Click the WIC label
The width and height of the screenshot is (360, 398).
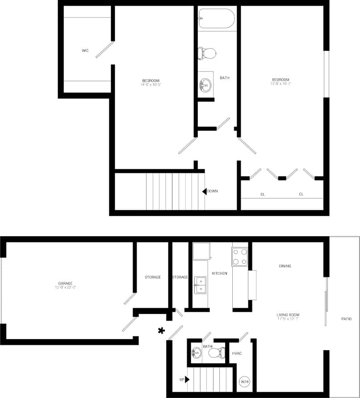(x=85, y=50)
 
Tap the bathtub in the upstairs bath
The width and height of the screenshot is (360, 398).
(x=216, y=18)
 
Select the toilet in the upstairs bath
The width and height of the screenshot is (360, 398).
(x=208, y=53)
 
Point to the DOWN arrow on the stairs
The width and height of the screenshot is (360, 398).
(x=205, y=191)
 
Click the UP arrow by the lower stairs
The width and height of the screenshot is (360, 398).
(x=187, y=379)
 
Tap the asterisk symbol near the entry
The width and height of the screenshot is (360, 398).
(x=161, y=331)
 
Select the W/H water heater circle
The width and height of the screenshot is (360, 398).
(x=245, y=382)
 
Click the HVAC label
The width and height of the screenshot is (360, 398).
(x=237, y=353)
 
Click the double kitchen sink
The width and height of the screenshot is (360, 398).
(x=201, y=285)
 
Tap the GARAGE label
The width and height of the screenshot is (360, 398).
(x=65, y=283)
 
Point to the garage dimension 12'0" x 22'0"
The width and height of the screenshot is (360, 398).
(x=65, y=288)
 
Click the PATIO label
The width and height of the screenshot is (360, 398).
(x=346, y=319)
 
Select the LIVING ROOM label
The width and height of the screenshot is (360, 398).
(x=288, y=315)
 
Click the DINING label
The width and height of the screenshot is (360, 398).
(x=285, y=266)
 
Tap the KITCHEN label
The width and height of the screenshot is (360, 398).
(x=219, y=273)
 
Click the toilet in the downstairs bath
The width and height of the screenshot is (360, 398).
(x=217, y=353)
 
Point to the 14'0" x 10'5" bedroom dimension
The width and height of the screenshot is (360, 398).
(x=150, y=84)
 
